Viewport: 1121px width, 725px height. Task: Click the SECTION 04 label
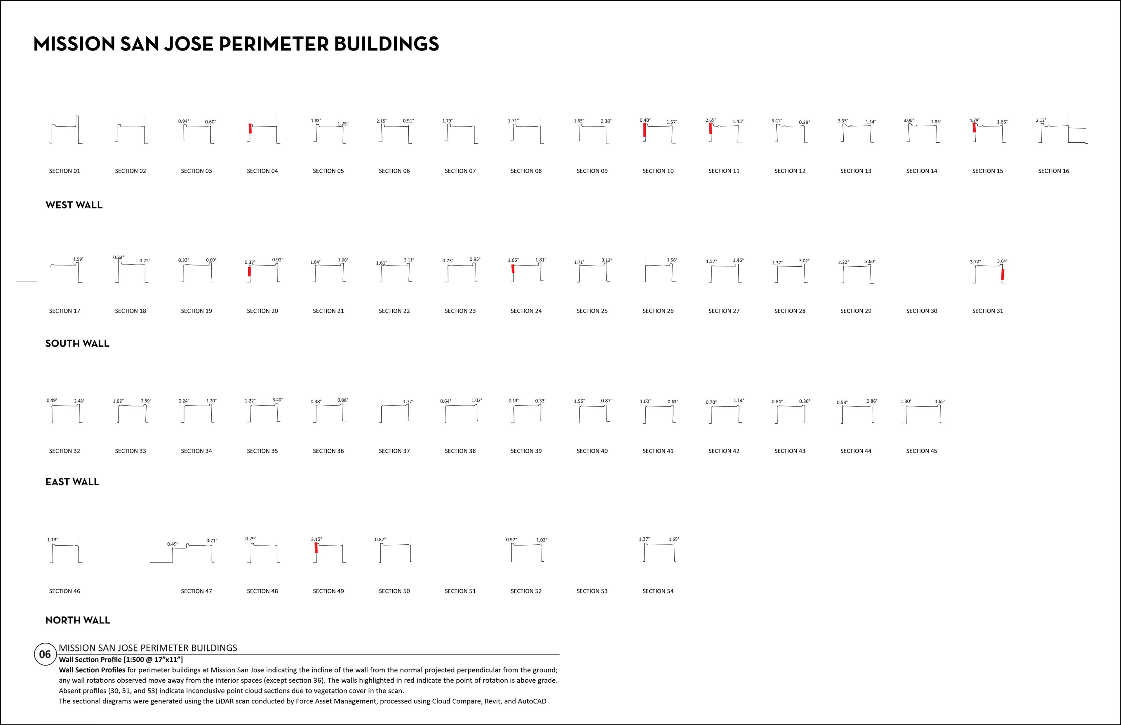click(x=262, y=171)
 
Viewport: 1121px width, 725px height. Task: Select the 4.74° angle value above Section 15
click(x=974, y=120)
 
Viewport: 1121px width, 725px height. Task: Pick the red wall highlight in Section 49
click(x=316, y=548)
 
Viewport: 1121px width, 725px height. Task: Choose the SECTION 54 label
click(x=658, y=591)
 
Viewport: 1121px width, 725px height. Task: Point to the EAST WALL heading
click(x=72, y=482)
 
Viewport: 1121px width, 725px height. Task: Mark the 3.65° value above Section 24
click(x=513, y=260)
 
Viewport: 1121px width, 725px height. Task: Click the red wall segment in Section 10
click(x=644, y=130)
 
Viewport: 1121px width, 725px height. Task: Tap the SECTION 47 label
click(x=196, y=591)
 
